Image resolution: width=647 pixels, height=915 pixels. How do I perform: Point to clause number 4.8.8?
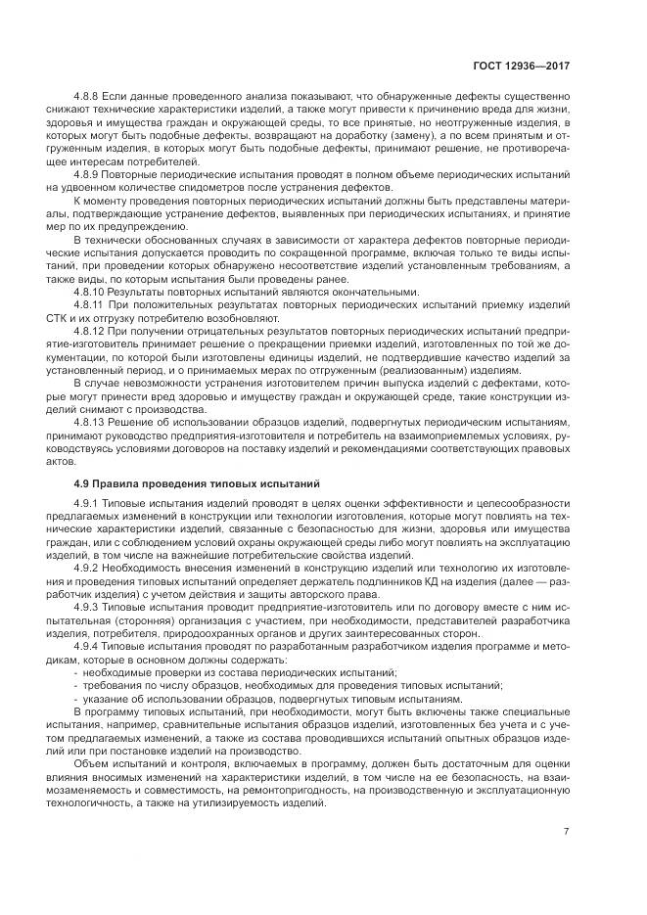(x=91, y=98)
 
